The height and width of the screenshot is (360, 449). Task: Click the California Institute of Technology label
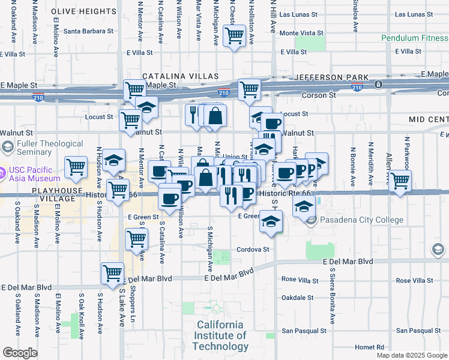[220, 335]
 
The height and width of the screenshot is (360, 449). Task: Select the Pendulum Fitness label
[414, 38]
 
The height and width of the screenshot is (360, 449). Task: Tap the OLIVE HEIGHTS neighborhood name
[84, 11]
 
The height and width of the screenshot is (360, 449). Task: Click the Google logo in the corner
[20, 353]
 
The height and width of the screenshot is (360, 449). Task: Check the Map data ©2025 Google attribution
[411, 355]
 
